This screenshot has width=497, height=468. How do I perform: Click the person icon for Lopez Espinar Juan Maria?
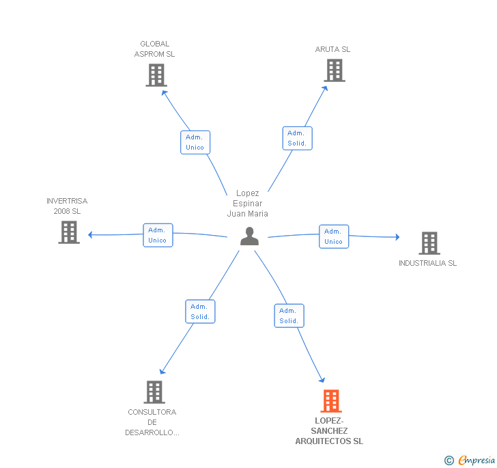pos(249,236)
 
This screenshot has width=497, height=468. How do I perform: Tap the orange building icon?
pos(331,401)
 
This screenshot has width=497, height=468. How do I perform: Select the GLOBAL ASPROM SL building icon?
pos(156,75)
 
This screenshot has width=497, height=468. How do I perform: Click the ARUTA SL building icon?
pos(335,70)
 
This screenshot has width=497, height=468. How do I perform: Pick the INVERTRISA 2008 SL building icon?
pos(69,232)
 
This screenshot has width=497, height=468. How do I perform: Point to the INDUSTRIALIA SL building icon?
pos(429,243)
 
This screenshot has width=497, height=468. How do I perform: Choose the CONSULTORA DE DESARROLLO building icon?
pos(154,392)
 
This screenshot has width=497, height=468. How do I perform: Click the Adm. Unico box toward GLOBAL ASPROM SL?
pos(195,143)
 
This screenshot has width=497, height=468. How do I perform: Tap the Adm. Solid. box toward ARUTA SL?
pos(298,138)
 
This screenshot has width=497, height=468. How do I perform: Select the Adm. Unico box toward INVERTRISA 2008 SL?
pos(158,235)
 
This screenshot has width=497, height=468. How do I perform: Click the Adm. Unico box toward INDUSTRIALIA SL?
pos(334,236)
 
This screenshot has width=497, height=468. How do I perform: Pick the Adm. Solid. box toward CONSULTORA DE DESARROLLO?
pos(200,312)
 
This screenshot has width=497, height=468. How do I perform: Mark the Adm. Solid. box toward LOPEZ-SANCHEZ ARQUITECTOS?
pos(289,316)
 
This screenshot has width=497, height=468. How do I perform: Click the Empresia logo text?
pos(477,460)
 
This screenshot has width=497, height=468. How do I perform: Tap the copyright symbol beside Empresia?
pos(449,460)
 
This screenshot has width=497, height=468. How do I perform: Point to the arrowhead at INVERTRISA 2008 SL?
pos(90,235)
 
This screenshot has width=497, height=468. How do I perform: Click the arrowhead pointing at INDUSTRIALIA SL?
pos(397,237)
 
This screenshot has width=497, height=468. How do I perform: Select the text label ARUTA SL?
pos(332,49)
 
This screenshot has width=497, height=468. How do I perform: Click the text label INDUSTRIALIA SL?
pos(427,263)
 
